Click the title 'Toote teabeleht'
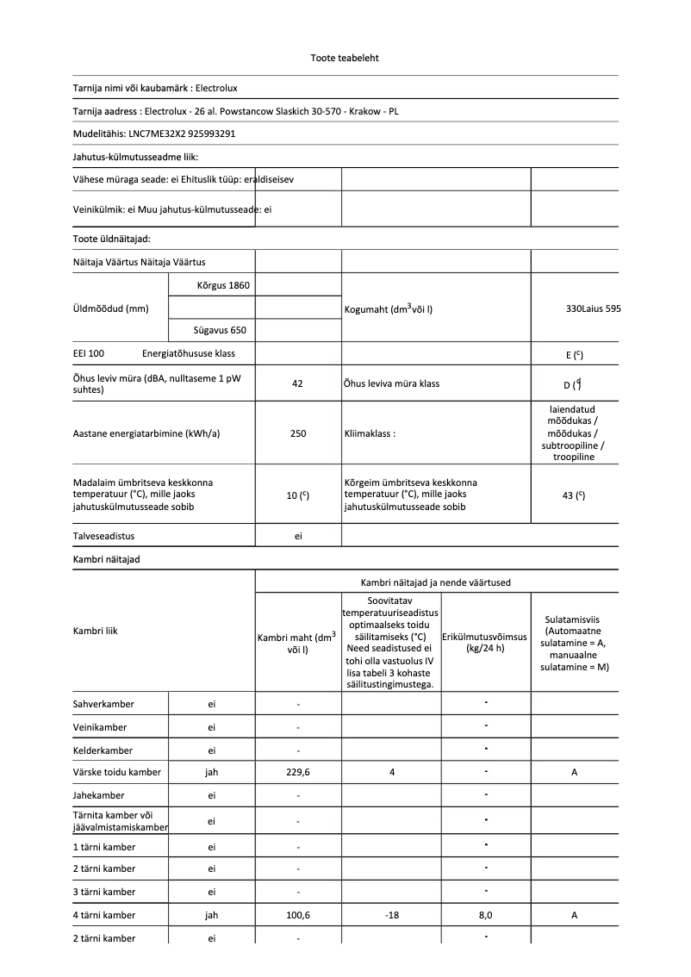tap(345, 58)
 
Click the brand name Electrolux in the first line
tap(217, 88)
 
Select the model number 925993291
tap(211, 134)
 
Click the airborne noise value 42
tap(298, 383)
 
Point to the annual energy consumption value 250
tap(298, 433)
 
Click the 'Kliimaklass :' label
tap(369, 433)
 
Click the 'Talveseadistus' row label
tap(103, 536)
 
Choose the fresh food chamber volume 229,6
tap(298, 772)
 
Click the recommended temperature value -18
tap(391, 915)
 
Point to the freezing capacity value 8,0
tap(486, 915)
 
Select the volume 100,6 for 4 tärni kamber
tap(298, 915)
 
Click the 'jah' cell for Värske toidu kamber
tap(212, 772)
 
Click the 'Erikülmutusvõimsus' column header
tap(486, 637)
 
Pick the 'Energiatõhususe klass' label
tap(189, 353)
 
